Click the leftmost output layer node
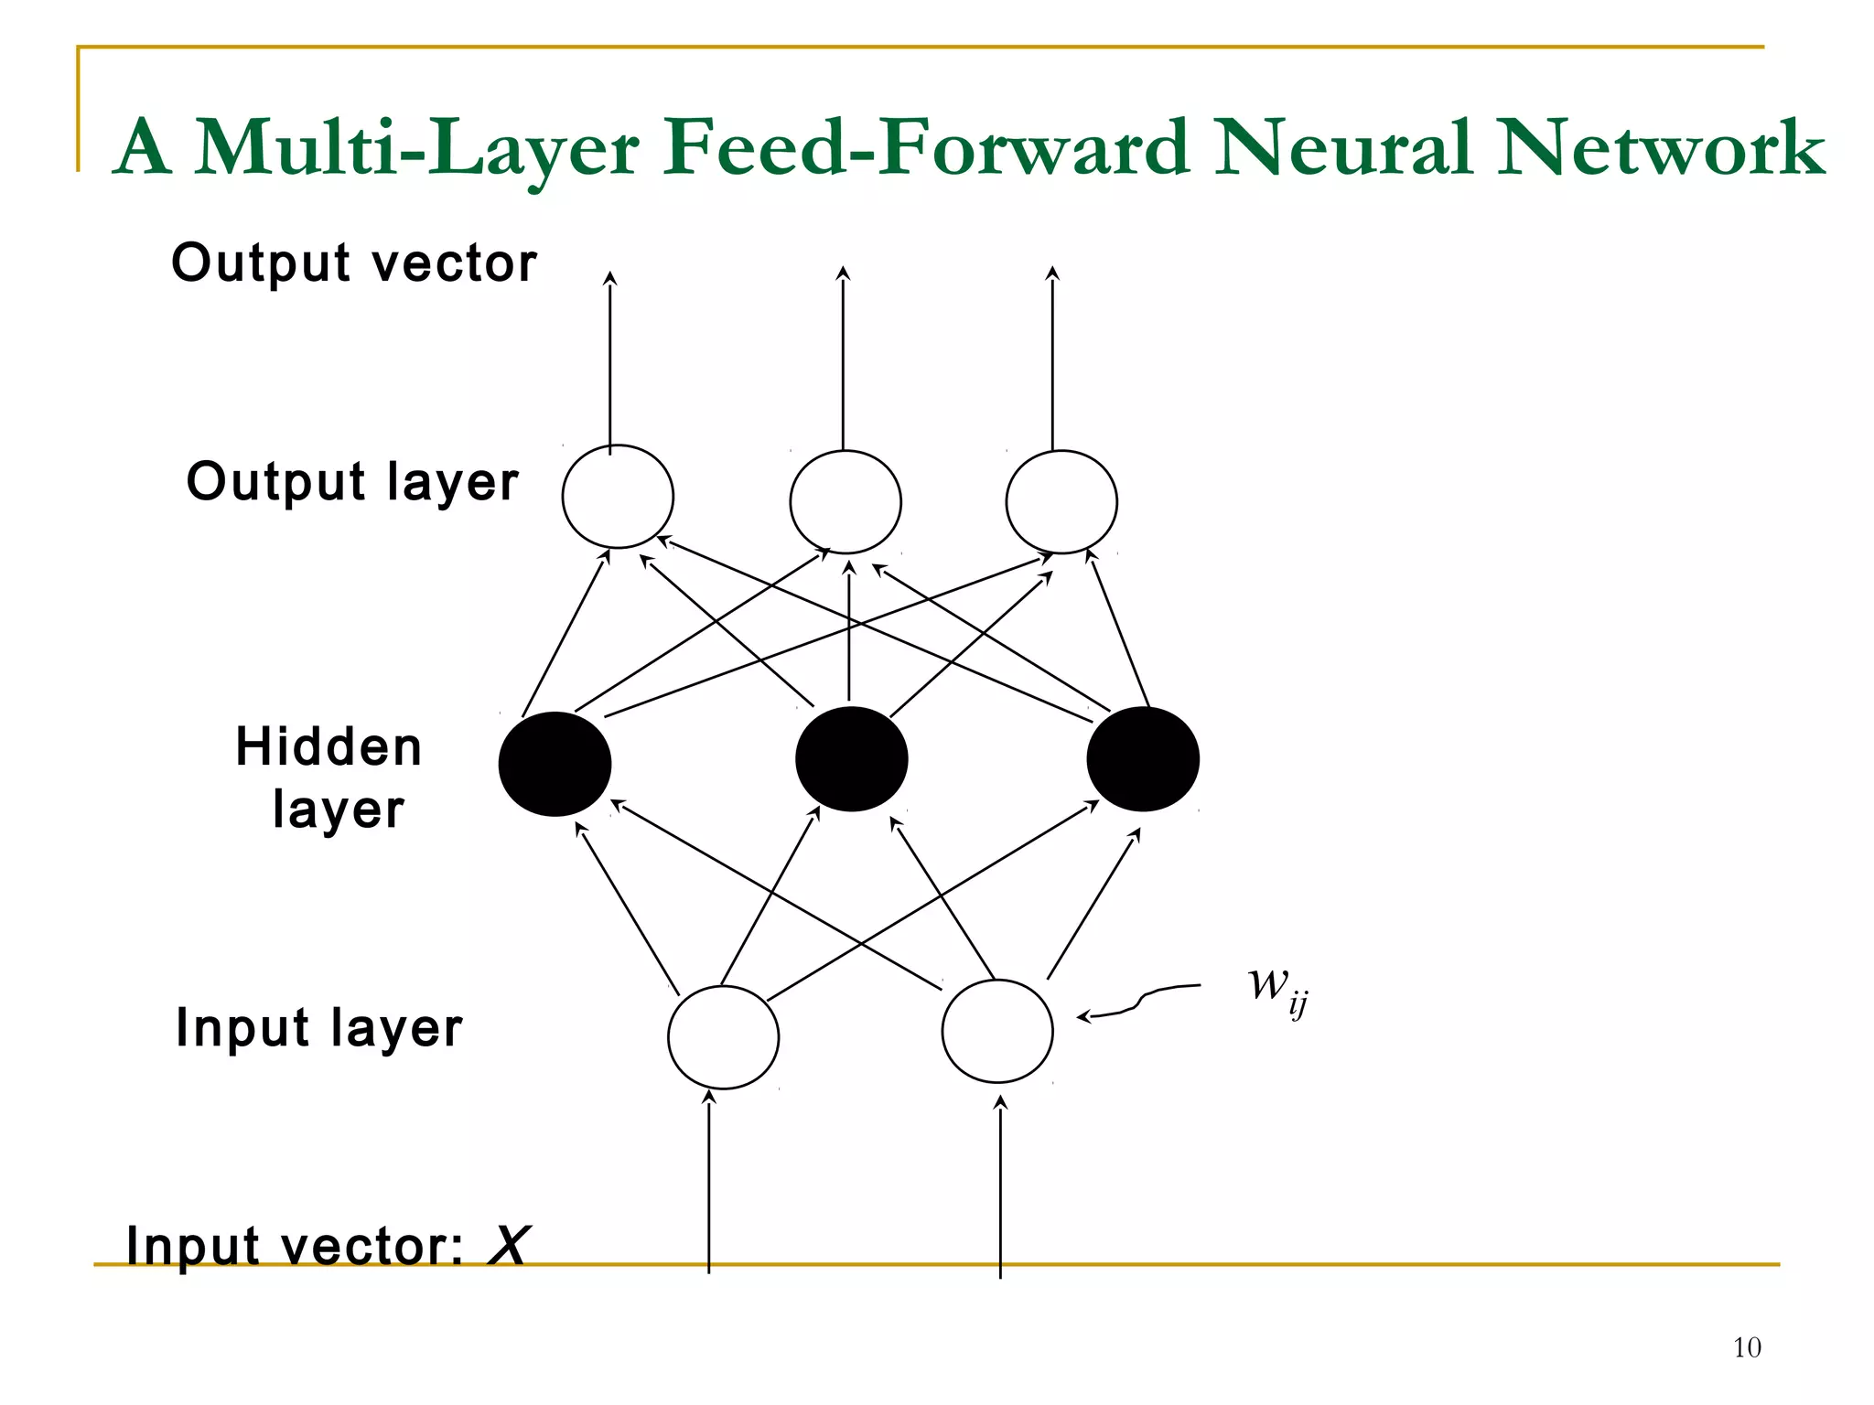618,497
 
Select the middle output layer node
845,501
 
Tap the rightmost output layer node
1061,501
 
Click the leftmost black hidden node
555,764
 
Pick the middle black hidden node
851,758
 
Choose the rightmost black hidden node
1143,758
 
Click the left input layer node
723,1036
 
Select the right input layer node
997,1031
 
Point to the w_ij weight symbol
1276,988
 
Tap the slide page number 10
1746,1347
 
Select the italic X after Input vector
508,1245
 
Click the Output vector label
354,263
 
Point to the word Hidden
328,746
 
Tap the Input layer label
318,1027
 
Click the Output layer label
352,482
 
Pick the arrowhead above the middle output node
844,273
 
